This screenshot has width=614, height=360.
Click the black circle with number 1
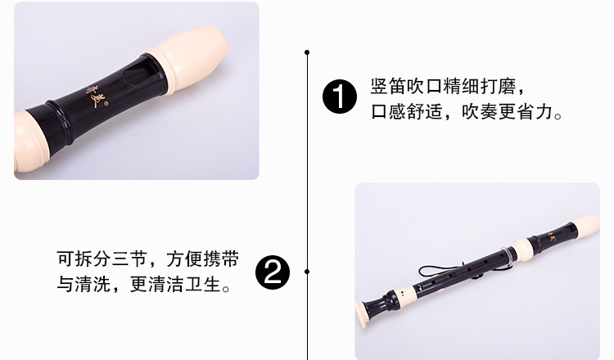coord(340,97)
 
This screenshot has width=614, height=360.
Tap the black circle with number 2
coord(273,272)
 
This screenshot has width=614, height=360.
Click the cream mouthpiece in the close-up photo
coord(188,58)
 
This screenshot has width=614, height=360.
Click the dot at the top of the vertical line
coord(307,52)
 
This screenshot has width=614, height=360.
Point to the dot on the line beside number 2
coord(307,272)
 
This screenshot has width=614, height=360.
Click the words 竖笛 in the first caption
coord(388,86)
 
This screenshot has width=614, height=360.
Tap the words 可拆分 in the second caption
coord(84,259)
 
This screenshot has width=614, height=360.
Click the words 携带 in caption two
coord(221,259)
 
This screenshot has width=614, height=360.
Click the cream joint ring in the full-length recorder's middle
coord(523,250)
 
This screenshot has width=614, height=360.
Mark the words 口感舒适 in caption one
coord(406,111)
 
